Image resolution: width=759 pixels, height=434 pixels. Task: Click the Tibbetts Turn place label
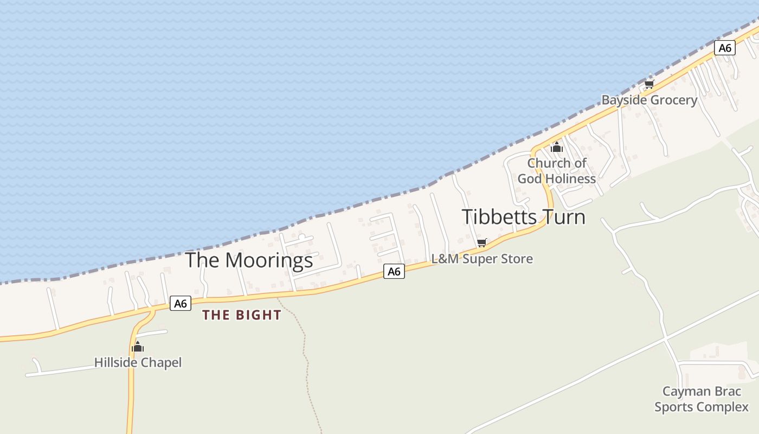523,217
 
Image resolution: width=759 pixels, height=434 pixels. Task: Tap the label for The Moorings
249,260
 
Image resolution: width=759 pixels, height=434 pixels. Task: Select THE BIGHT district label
242,315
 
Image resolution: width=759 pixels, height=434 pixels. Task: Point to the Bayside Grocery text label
649,100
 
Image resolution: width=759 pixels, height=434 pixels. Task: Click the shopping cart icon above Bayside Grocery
649,84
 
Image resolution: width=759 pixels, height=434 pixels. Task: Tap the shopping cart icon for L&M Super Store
481,242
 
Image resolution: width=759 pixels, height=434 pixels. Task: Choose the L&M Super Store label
482,259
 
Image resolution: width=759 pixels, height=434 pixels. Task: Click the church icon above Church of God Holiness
557,147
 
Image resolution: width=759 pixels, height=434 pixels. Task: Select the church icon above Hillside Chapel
138,347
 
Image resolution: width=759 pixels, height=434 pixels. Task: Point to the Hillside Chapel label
138,362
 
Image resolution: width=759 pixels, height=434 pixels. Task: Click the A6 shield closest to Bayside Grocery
725,48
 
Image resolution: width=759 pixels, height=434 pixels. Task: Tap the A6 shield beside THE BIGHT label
181,303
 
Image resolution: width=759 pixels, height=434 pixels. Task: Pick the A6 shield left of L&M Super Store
394,271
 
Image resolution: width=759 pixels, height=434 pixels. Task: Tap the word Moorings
269,260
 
